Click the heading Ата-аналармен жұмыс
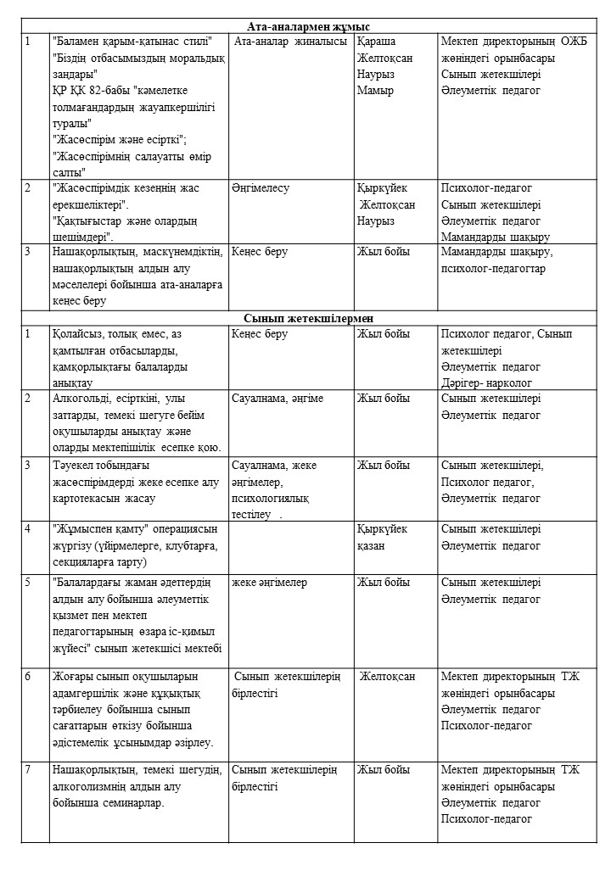(308, 26)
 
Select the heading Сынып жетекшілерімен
(308, 317)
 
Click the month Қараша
(377, 42)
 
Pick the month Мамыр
(375, 91)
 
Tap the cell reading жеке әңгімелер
(269, 583)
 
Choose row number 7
(29, 769)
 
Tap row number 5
(29, 583)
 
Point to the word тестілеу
(251, 514)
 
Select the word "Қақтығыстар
(87, 221)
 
